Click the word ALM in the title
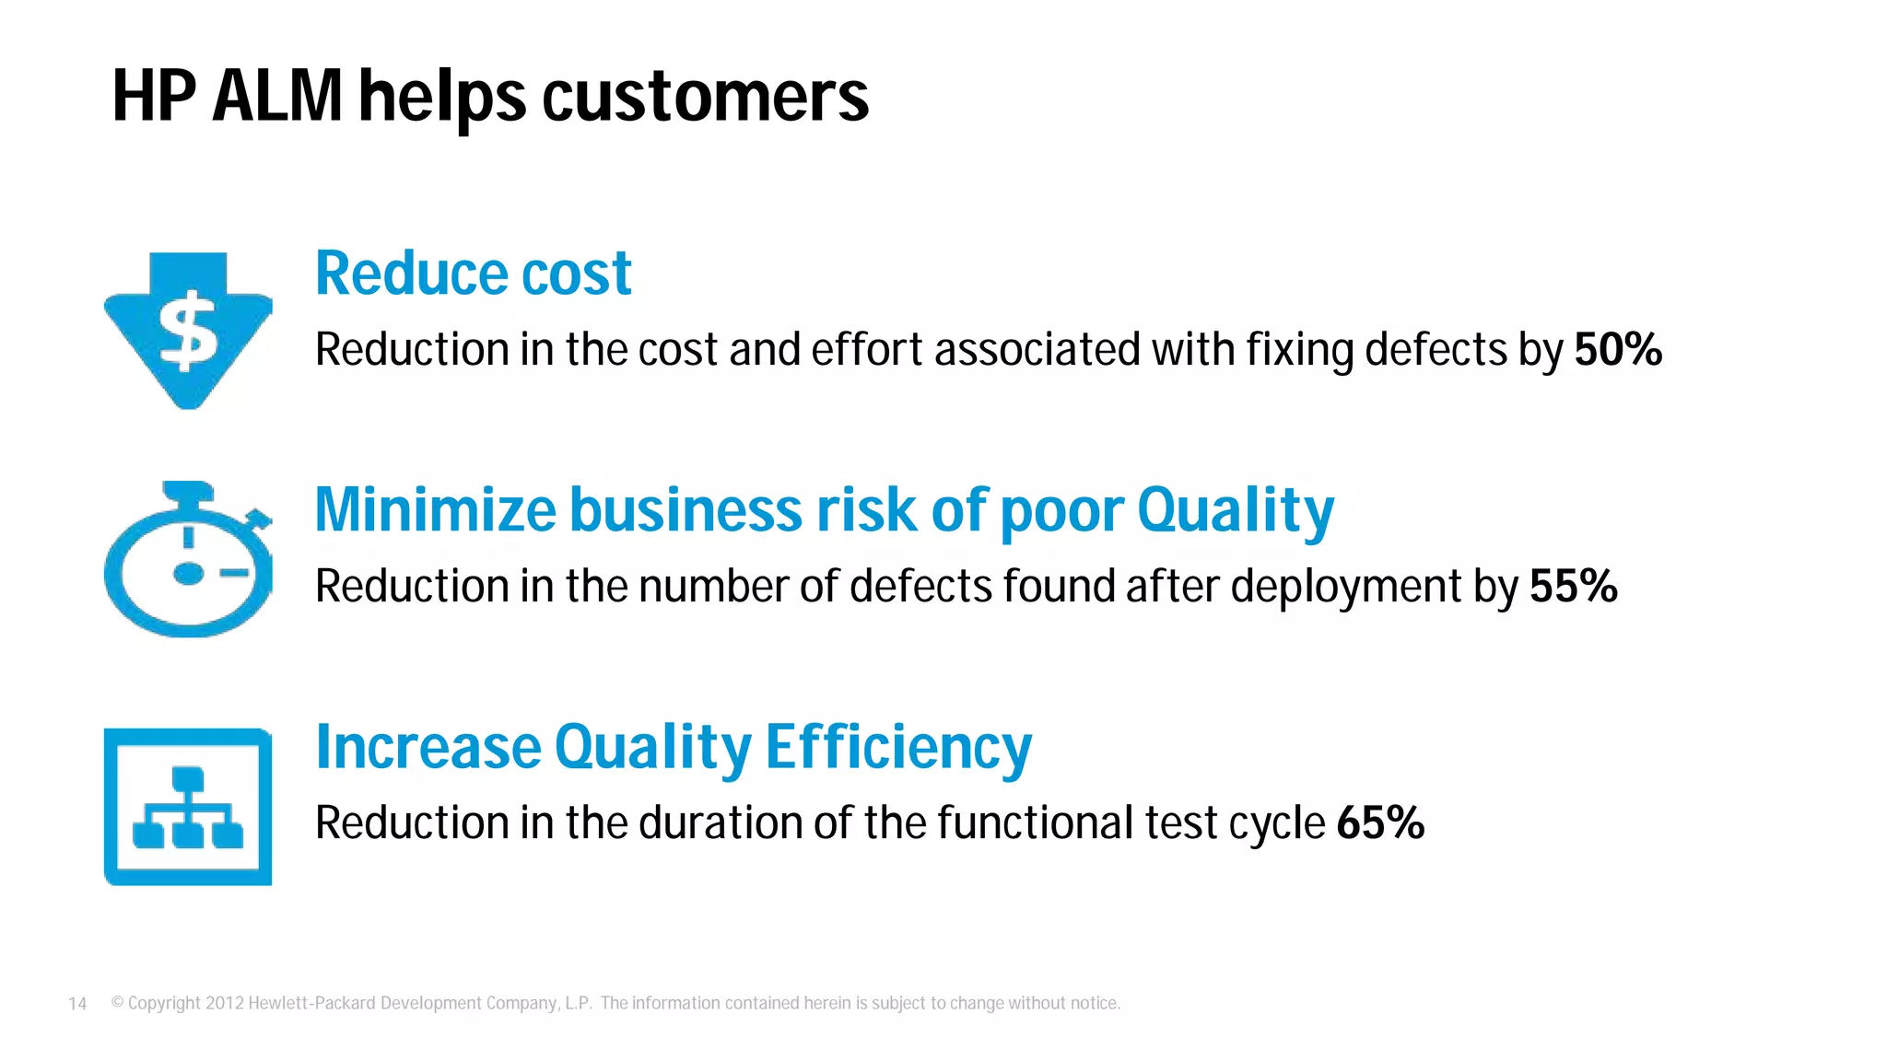click(277, 96)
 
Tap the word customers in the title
click(705, 96)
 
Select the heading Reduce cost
click(473, 274)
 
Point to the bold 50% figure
click(1617, 350)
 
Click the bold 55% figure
click(1573, 587)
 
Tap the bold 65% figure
click(1379, 822)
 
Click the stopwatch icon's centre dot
click(188, 574)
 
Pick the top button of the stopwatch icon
click(188, 490)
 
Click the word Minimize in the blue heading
click(435, 510)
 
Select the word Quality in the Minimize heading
click(1235, 510)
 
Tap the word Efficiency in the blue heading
click(898, 747)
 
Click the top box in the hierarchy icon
click(188, 778)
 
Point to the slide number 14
click(77, 1004)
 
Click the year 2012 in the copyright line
click(224, 1003)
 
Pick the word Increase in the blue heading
click(428, 747)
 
